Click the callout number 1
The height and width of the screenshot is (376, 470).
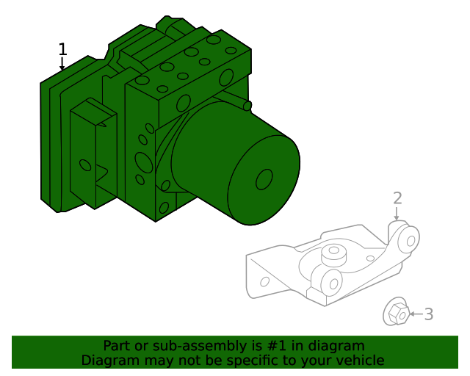tap(62, 49)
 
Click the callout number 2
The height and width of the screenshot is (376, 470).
tap(397, 198)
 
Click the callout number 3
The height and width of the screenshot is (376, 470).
tap(429, 314)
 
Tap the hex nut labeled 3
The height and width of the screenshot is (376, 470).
tap(397, 313)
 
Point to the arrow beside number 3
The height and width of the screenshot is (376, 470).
tap(414, 314)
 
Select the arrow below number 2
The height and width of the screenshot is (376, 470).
tap(397, 214)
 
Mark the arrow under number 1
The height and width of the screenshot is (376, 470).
tap(62, 65)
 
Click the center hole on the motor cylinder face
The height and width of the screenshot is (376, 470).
tap(264, 179)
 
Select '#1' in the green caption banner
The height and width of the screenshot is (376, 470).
tap(288, 346)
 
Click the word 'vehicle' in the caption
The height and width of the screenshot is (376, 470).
tap(360, 361)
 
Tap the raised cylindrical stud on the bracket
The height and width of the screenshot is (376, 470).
tap(335, 254)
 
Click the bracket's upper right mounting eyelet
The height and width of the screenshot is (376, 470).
tap(410, 239)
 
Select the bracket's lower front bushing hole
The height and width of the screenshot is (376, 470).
tap(333, 282)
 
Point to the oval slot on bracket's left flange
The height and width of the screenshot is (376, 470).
tap(265, 281)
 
